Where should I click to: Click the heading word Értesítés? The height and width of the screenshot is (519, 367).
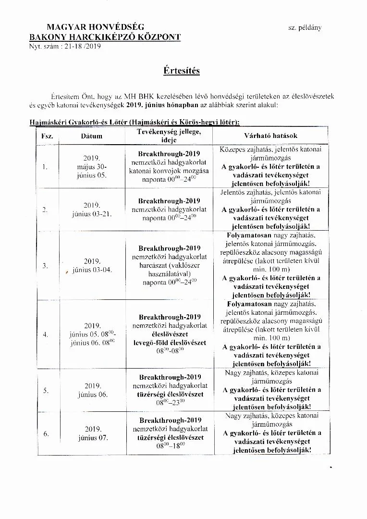181,71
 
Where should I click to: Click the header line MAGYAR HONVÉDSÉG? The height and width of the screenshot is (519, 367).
95,27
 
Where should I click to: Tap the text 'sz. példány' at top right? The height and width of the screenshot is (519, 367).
305,28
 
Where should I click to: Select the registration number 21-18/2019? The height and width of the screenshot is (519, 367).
78,47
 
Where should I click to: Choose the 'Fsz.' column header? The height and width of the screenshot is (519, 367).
47,136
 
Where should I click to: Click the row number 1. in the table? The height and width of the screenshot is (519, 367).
45,167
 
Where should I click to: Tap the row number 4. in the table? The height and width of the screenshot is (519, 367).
45,334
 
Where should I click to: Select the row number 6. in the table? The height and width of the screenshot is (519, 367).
46,433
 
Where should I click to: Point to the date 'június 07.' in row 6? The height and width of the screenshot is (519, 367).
93,438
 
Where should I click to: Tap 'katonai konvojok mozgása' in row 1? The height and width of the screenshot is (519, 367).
169,171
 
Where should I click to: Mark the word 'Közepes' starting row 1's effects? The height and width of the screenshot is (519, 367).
232,149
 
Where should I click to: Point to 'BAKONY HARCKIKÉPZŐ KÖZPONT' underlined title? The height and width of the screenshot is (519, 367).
105,37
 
